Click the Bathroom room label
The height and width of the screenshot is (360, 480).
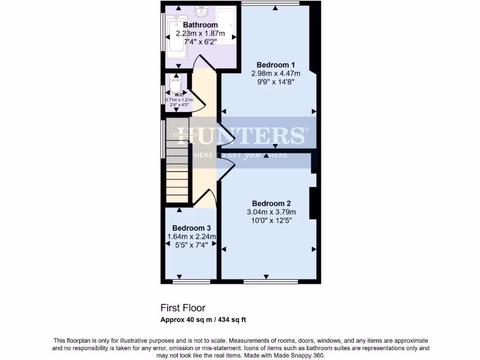pos(200,25)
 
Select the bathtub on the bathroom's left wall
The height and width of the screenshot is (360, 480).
pos(177,35)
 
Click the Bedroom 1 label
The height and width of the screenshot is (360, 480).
pos(276,65)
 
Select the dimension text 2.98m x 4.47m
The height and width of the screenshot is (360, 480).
pos(276,73)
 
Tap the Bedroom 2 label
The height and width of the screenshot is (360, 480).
pos(271,203)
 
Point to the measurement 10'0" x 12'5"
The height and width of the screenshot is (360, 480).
pos(271,220)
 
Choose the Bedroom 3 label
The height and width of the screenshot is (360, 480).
pos(191,228)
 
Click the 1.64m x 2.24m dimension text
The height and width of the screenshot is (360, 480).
pos(191,236)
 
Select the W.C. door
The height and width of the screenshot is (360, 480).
pos(197,99)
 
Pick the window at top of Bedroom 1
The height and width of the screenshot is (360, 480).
pos(270,3)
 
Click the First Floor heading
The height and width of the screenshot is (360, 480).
pos(183,308)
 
